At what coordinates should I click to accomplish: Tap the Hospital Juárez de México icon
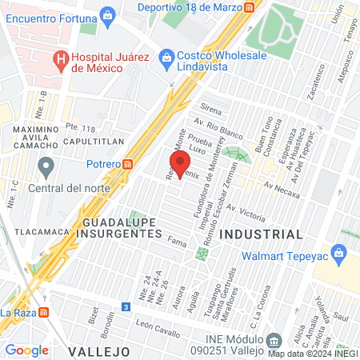(x=60, y=59)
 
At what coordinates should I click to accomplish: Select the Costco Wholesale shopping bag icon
(x=166, y=56)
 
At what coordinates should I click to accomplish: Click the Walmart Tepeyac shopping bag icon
(x=339, y=255)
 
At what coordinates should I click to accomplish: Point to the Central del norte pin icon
(x=46, y=169)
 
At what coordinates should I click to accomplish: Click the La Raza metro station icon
(x=45, y=312)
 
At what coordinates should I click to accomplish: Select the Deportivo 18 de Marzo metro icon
(x=250, y=6)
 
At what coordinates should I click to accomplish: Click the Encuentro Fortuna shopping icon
(x=106, y=16)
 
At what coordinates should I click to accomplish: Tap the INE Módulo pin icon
(x=274, y=339)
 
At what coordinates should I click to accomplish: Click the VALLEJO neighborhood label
(x=99, y=351)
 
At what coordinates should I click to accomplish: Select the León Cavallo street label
(x=154, y=325)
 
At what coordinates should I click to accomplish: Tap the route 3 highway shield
(x=126, y=306)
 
